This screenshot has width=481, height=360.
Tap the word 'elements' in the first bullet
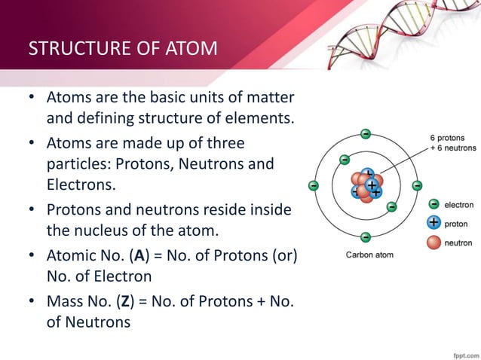pyautogui.click(x=260, y=119)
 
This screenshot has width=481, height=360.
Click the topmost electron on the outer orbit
pyautogui.click(x=365, y=134)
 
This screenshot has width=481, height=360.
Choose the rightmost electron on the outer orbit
pyautogui.click(x=416, y=185)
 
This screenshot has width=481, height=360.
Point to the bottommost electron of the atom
pyautogui.click(x=365, y=237)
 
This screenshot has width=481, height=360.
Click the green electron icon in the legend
pyautogui.click(x=434, y=203)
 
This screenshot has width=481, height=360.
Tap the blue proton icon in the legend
pyautogui.click(x=434, y=223)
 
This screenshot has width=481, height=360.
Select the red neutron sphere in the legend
pyautogui.click(x=434, y=243)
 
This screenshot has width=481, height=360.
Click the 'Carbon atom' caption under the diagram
pyautogui.click(x=369, y=255)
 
